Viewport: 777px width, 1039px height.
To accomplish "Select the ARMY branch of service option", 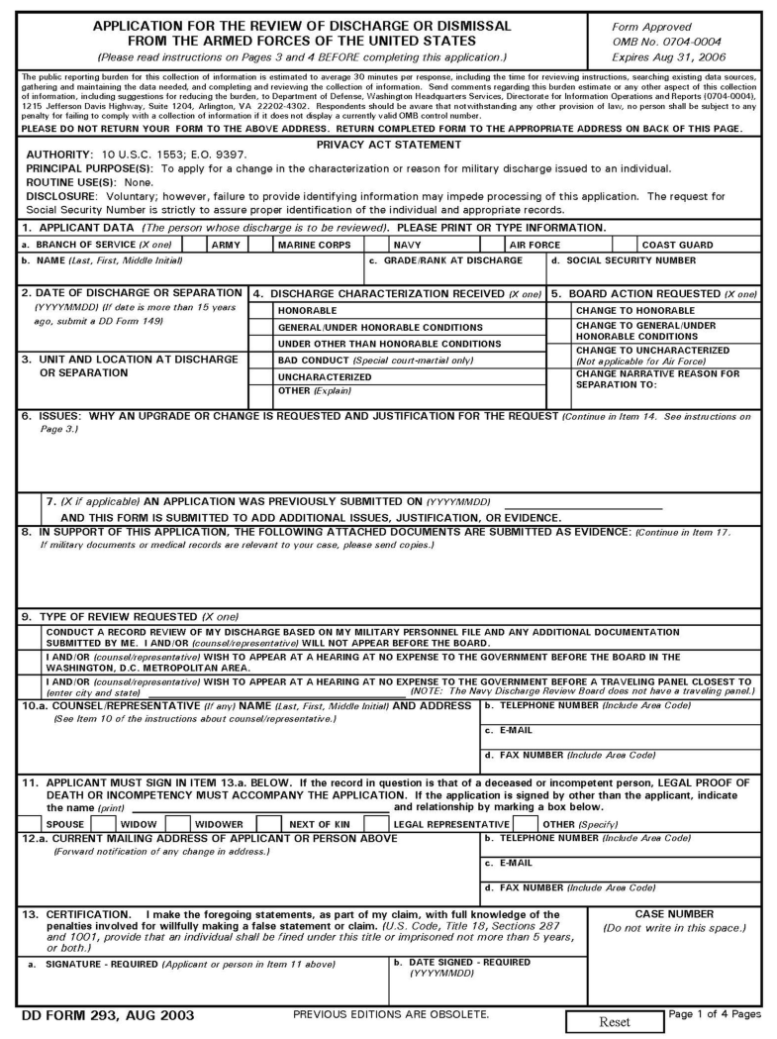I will pos(228,245).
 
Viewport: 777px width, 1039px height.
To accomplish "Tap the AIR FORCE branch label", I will pos(534,245).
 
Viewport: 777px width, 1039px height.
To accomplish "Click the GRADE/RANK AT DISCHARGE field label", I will pos(445,260).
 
